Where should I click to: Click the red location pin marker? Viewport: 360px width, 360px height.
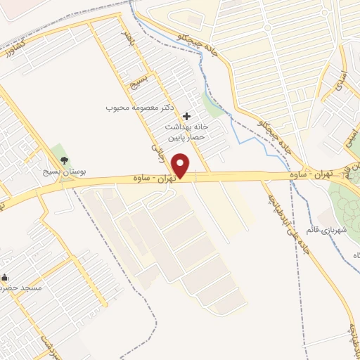(182, 165)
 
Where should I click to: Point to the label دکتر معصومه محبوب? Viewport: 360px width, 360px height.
(139, 108)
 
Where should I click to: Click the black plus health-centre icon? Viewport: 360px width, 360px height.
(186, 115)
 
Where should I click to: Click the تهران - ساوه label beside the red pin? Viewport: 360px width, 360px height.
(156, 179)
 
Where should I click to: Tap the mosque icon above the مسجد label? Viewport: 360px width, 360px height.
(5, 277)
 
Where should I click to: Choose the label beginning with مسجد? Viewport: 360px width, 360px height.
(21, 288)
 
